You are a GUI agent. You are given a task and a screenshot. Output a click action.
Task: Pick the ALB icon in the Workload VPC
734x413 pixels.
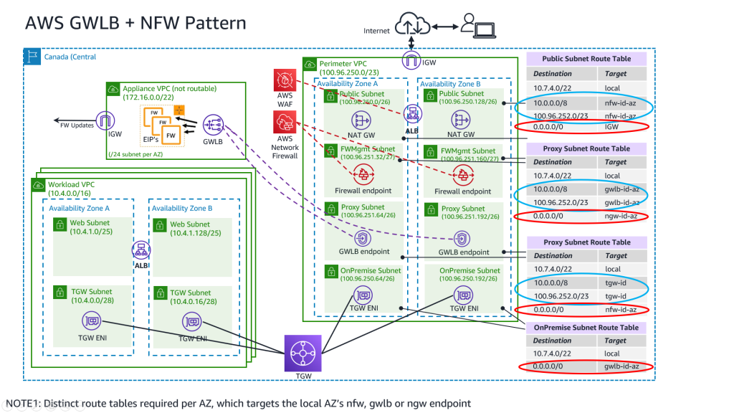pyautogui.click(x=140, y=250)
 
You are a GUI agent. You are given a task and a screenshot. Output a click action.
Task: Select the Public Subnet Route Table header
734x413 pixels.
pyautogui.click(x=586, y=59)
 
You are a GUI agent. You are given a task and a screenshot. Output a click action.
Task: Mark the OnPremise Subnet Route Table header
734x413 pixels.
pyautogui.click(x=586, y=327)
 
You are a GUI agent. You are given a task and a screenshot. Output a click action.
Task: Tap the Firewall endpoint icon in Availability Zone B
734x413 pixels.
pyautogui.click(x=463, y=174)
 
